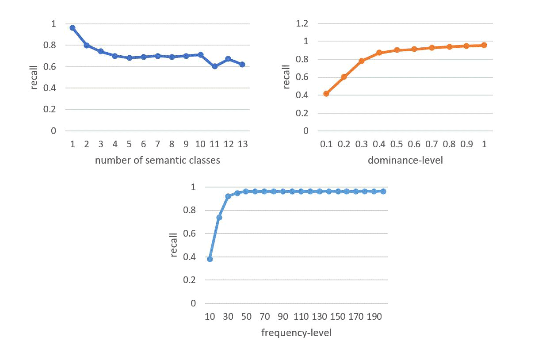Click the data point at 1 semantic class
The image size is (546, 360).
73,28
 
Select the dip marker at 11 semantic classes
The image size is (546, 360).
214,66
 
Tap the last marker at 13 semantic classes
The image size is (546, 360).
242,65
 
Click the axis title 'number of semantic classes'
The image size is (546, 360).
157,160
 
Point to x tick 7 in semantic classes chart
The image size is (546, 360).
157,144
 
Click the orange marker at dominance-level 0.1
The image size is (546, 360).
326,94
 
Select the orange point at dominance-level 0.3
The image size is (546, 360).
361,61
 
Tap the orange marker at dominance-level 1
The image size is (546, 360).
484,45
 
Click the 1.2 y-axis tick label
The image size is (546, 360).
304,23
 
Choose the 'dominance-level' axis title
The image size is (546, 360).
405,160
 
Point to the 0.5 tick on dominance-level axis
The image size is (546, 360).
397,144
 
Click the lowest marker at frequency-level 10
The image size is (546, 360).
210,259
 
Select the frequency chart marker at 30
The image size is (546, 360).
228,196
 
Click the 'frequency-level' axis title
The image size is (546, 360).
296,333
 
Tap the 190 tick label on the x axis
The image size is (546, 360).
374,317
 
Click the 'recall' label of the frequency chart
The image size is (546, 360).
174,245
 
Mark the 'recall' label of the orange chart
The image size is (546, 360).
286,76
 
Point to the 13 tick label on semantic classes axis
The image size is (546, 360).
242,144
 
